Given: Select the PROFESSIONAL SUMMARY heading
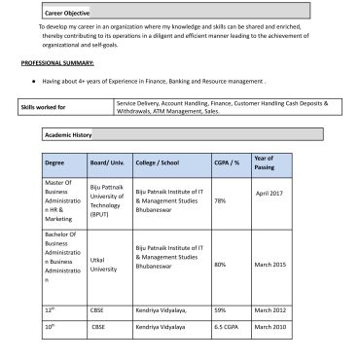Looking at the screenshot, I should [57, 62].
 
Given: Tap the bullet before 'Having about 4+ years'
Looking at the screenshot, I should [34, 83].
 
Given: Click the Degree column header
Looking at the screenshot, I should [54, 163].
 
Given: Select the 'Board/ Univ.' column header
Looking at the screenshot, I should [106, 163].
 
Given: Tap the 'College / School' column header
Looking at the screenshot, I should [159, 163].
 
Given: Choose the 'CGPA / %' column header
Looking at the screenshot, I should [227, 163].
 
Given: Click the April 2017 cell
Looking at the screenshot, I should [269, 193].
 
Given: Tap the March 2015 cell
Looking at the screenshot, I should [269, 264].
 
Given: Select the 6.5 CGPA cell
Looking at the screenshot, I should [226, 327].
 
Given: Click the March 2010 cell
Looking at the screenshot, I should [269, 327].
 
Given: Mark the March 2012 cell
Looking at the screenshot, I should [269, 308].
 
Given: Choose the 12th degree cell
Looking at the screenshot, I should [52, 308].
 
